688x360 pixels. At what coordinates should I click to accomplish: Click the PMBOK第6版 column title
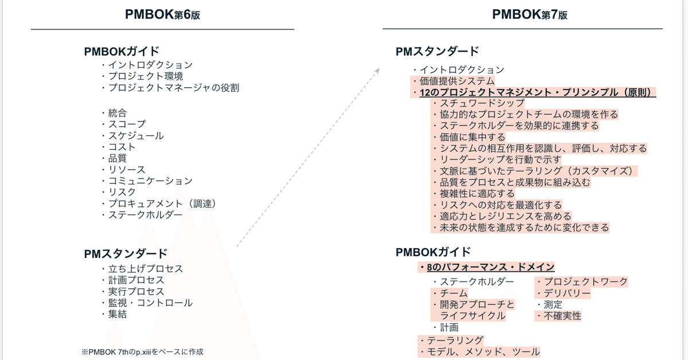coord(162,14)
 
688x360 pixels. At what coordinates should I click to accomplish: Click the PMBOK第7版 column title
coord(530,14)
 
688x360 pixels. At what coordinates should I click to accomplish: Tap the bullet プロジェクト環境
coord(143,76)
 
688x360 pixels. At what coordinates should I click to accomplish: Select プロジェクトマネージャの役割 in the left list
coord(170,88)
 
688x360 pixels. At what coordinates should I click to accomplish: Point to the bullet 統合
coord(114,113)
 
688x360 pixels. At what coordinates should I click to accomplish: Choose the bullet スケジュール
coord(132,136)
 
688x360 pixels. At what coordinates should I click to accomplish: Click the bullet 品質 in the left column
coord(114,158)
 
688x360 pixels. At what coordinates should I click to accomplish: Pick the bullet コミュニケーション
coord(147,181)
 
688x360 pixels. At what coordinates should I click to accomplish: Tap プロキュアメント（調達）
coord(159,204)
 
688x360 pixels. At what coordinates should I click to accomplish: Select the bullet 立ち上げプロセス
coord(143,269)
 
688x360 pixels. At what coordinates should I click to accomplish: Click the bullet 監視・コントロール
coord(147,303)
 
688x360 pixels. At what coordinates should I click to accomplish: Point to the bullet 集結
coord(114,314)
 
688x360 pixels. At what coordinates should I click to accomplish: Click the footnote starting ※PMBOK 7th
coord(143,352)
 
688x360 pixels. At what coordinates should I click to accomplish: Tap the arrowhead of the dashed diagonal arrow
coord(378,71)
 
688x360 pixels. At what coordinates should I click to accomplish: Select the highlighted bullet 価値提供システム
coord(454,81)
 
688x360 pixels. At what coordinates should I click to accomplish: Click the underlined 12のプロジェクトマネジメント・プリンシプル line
coord(534,92)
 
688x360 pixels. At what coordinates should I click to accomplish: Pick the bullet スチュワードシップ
coord(479,103)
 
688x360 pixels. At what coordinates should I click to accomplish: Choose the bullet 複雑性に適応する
coord(474,194)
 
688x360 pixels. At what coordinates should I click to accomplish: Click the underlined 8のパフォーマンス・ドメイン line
coord(487,267)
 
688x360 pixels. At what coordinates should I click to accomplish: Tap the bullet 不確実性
coord(558,316)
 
